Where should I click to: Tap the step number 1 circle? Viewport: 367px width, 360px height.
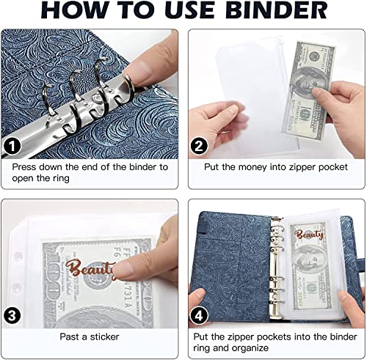[12, 147]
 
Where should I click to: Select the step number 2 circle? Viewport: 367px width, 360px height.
[199, 146]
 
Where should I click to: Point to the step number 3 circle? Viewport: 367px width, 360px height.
[12, 315]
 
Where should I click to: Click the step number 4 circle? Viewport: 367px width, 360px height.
[199, 315]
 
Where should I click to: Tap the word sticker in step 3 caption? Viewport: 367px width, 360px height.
[104, 337]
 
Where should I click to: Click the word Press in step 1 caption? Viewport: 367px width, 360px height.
[24, 167]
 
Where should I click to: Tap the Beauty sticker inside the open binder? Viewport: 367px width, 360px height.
[309, 235]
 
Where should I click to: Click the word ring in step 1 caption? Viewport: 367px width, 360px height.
[60, 179]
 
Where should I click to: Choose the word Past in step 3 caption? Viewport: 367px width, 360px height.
[70, 337]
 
